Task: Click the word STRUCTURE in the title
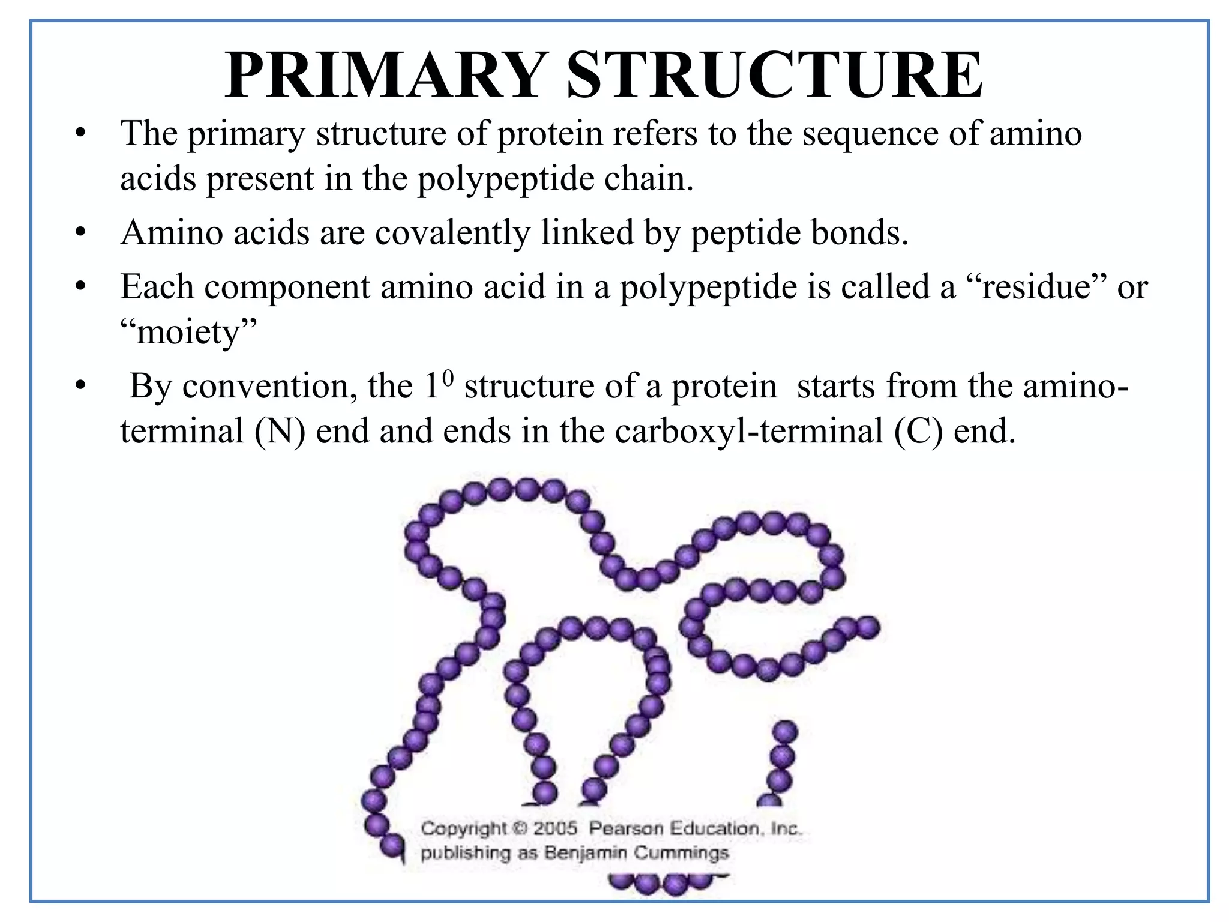[x=774, y=74]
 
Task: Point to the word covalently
[x=453, y=232]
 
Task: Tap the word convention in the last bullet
[x=265, y=386]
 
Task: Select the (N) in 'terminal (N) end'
[x=280, y=431]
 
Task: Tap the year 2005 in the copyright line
[x=555, y=828]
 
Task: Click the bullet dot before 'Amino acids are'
[x=81, y=232]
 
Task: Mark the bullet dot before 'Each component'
[x=81, y=286]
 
